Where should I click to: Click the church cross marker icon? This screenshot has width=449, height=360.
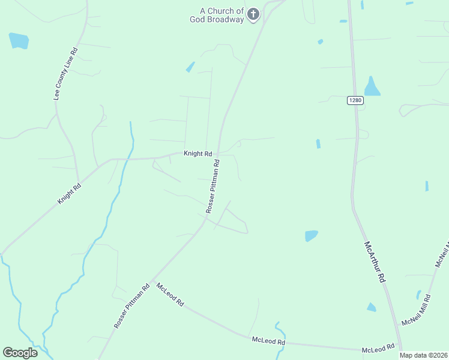[x=253, y=14]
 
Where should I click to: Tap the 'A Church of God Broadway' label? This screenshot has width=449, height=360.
[x=222, y=15]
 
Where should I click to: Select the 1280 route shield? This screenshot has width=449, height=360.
[x=355, y=100]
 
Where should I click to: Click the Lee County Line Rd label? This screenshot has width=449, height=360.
[x=66, y=74]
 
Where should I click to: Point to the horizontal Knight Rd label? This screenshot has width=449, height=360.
[x=198, y=154]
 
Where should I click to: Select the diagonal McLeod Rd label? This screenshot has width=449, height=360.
[x=170, y=295]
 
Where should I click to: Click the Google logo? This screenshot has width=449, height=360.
[x=20, y=352]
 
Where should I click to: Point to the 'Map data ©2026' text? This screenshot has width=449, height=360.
[x=423, y=355]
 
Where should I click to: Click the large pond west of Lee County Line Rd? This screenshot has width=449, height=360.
[x=19, y=41]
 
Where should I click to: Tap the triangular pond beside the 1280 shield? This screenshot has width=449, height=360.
[x=372, y=87]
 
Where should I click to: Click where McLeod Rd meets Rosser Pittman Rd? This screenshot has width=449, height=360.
[x=152, y=280]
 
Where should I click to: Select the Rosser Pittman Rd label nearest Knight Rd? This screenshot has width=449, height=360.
[x=213, y=186]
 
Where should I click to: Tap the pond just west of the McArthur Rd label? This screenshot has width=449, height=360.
[x=311, y=236]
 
